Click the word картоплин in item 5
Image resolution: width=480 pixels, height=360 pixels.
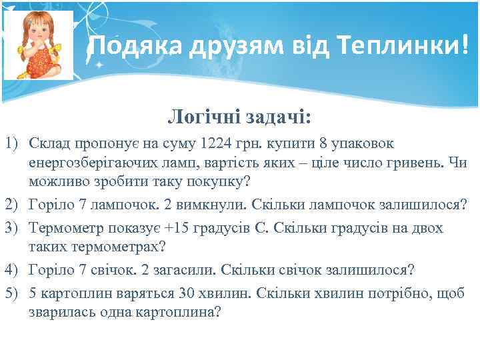click(x=71, y=293)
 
